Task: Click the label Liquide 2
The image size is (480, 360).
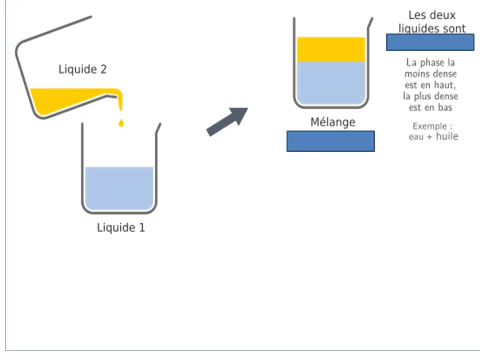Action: point(82,69)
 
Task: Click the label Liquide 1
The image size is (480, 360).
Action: point(121,227)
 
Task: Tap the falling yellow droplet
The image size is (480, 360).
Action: point(121,123)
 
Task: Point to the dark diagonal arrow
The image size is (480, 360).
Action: point(227,122)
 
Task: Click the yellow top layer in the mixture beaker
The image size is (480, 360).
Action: point(331,49)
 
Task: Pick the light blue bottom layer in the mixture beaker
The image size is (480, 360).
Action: point(331,82)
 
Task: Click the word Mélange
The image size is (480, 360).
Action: point(333,122)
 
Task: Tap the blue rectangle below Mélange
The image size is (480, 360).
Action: point(330,141)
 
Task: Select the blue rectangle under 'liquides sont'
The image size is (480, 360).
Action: point(430,42)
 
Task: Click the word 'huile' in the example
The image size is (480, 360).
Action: point(447,136)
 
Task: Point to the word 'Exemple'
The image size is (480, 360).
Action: point(430,126)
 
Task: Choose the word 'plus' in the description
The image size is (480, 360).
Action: point(421,96)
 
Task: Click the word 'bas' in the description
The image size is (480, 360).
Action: point(445,107)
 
